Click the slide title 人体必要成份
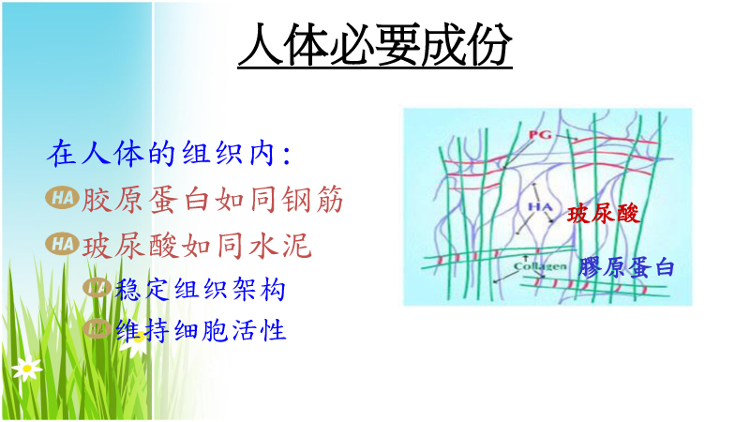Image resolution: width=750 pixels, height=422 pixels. point(375,44)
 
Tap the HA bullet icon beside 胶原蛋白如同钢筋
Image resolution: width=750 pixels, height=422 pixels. point(62,198)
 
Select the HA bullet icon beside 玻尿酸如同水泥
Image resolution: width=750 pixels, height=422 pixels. point(62,244)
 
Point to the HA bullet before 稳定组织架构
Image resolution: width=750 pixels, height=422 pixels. point(97,287)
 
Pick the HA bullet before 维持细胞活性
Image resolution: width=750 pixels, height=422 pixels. point(97,328)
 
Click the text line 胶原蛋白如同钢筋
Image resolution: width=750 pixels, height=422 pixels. point(213,199)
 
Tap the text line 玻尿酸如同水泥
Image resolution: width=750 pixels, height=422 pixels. point(197,246)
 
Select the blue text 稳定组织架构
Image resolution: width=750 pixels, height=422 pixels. point(200,289)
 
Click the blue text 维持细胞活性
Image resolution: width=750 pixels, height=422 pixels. point(201,330)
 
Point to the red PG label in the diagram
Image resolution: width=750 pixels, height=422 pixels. point(540,134)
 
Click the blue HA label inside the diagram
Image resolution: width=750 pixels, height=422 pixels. point(540,206)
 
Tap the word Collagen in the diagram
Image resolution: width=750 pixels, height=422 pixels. point(540,266)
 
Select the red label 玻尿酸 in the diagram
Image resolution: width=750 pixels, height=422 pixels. point(603,214)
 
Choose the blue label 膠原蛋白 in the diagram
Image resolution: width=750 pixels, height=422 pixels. point(626,267)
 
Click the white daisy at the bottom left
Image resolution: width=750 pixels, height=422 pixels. point(27,368)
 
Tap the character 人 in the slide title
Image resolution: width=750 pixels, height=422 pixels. point(261,44)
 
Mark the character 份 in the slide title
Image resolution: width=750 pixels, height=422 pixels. point(489,44)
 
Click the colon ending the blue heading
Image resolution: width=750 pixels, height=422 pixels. point(287,155)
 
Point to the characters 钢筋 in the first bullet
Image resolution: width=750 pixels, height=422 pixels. point(312,199)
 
